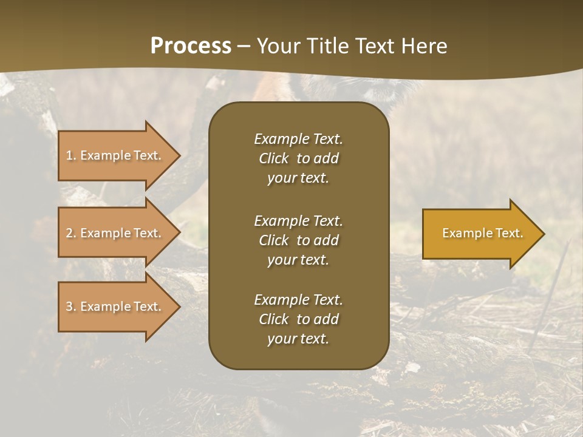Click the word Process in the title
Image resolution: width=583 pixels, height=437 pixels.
tap(191, 46)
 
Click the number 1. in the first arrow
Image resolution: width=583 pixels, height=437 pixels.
tap(71, 155)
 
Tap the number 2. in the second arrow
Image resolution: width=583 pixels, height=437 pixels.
tap(71, 233)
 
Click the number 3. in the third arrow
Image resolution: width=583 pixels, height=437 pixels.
tap(71, 307)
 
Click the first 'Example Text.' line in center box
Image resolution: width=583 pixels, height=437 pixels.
tap(298, 139)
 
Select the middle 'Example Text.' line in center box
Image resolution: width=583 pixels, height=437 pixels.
tap(298, 221)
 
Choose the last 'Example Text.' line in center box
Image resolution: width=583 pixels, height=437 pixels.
tap(298, 300)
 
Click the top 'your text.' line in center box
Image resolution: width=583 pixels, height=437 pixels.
tap(298, 178)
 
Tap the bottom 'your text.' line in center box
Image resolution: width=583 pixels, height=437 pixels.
tap(298, 339)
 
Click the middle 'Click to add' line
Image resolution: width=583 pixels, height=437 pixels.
tap(298, 240)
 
